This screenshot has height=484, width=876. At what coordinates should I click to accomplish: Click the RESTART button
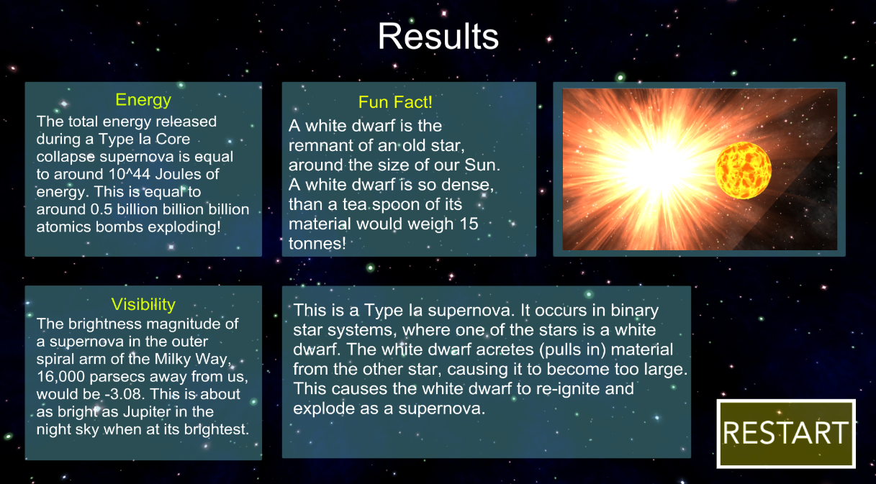[785, 434]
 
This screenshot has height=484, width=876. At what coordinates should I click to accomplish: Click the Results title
[438, 37]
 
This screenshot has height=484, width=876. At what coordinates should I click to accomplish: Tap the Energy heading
[143, 100]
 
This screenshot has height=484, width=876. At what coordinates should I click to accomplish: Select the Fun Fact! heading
[395, 102]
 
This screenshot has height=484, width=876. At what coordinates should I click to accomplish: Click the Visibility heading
[143, 304]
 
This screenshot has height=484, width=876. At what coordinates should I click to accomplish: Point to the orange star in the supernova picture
[743, 170]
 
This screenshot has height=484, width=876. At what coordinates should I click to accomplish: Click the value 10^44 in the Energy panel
[129, 174]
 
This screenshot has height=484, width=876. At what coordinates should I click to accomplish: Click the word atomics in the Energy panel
[64, 227]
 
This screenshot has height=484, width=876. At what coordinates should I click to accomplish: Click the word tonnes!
[317, 244]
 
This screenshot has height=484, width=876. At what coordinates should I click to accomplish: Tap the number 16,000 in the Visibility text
[60, 377]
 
